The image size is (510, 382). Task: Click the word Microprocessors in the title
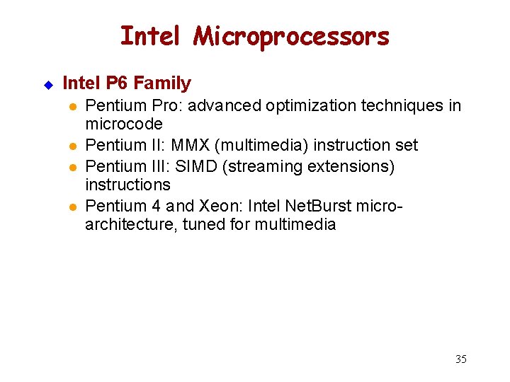292,35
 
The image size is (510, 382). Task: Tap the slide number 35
460,359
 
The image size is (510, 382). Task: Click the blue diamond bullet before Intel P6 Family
49,85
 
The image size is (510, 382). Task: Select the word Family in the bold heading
163,83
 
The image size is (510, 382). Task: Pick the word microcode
124,125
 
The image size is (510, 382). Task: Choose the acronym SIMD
212,166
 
